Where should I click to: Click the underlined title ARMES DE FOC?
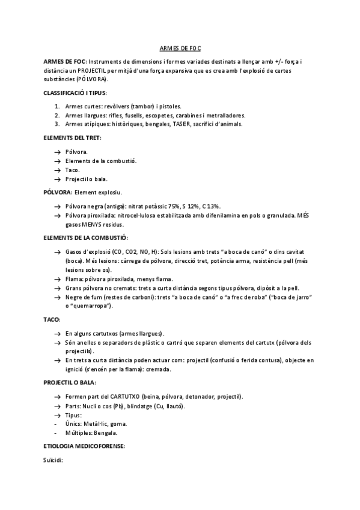click(x=180, y=48)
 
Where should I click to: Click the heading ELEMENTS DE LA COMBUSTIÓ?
click(x=86, y=238)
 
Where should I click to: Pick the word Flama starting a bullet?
click(x=74, y=279)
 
